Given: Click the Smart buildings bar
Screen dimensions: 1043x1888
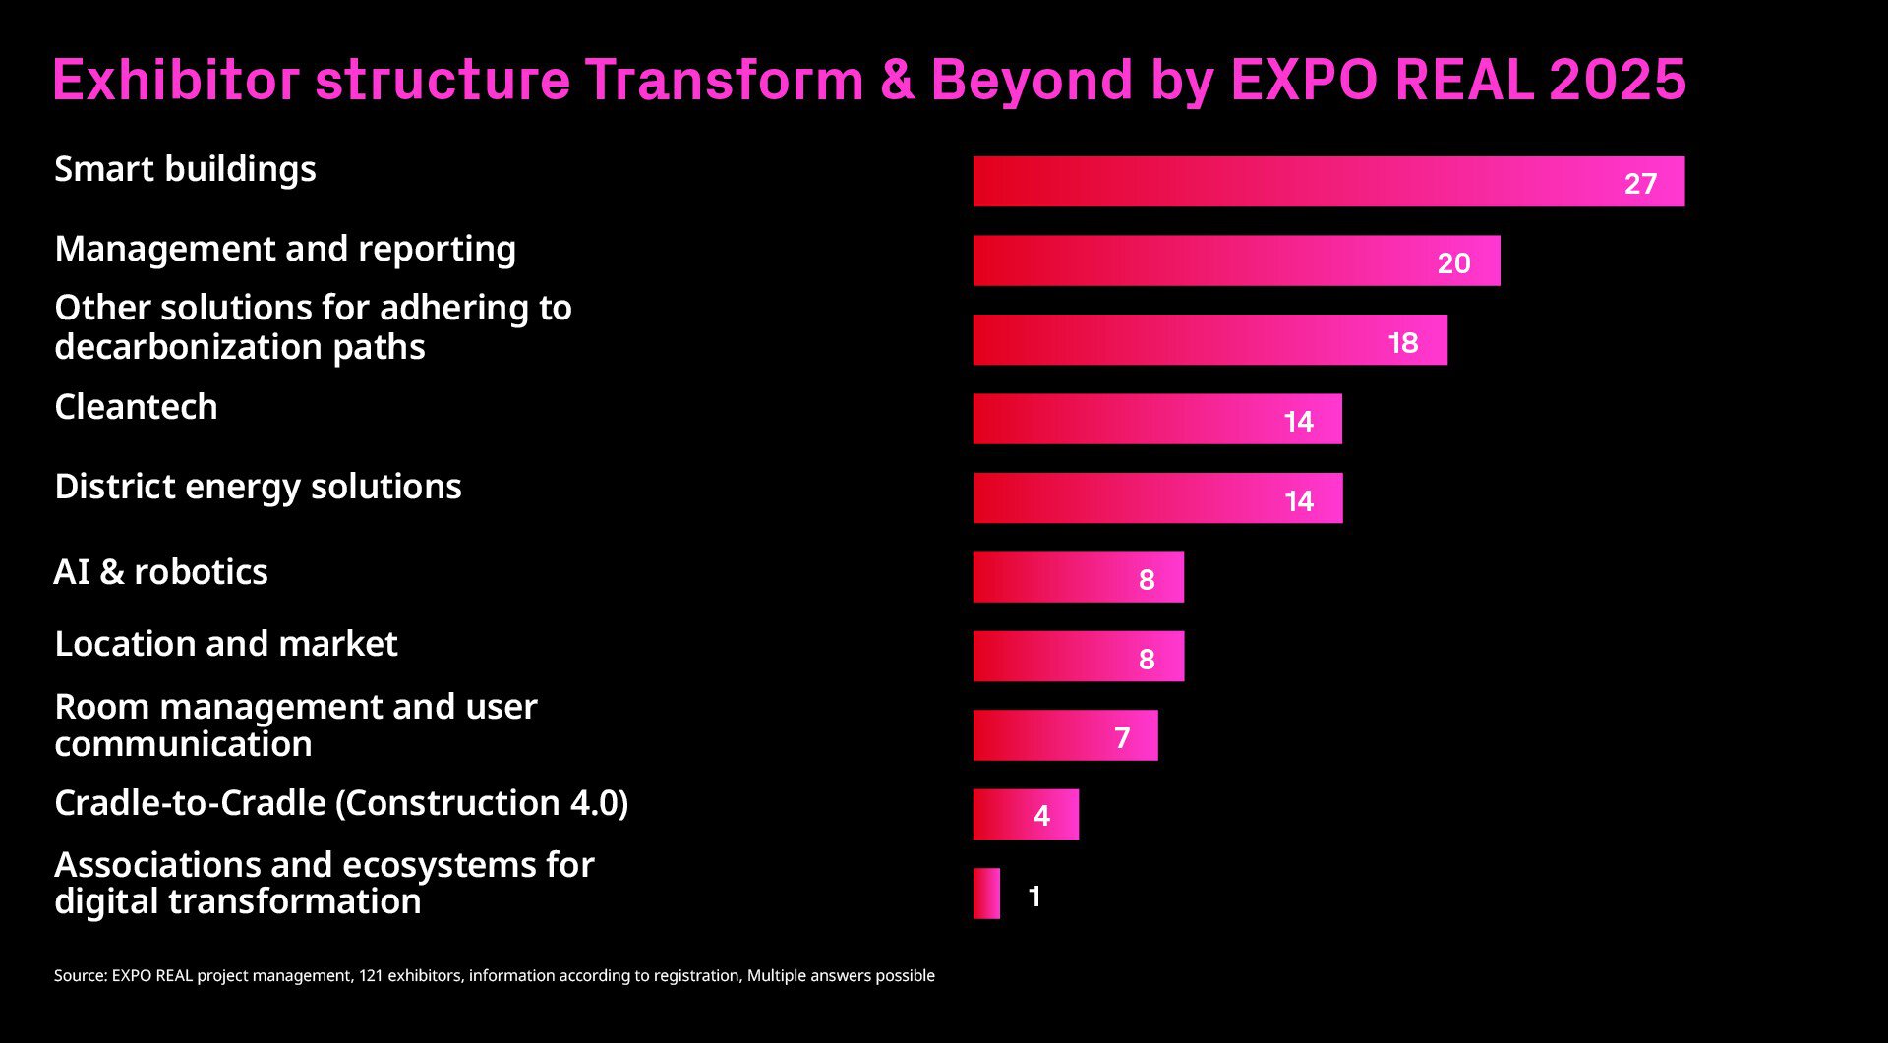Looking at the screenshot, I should (1327, 182).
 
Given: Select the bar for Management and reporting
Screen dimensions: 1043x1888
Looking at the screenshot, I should (1236, 261).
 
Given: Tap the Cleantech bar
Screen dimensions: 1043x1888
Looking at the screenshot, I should (1157, 419).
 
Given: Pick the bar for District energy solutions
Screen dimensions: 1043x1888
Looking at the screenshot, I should (1157, 498).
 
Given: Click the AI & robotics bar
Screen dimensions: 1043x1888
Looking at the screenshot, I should (1078, 577).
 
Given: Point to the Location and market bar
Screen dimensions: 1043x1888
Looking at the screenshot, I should (1078, 656).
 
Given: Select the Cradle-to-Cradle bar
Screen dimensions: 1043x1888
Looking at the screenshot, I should (1026, 814).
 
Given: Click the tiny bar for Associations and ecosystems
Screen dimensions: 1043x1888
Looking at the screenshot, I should (986, 894).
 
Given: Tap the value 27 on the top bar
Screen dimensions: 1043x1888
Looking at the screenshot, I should (1640, 184).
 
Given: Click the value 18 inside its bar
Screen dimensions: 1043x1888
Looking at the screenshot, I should (1403, 343).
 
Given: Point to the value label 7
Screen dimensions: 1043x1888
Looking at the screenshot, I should (1122, 738).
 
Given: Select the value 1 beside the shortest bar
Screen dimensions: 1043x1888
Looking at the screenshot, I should (1034, 897).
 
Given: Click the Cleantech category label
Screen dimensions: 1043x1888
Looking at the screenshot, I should (136, 407).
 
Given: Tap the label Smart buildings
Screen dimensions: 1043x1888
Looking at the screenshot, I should (185, 169).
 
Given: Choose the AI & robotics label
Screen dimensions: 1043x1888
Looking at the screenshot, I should (160, 572).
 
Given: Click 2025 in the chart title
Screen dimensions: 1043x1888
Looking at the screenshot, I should (1618, 80).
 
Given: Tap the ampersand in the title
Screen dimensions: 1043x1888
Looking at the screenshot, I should (897, 80).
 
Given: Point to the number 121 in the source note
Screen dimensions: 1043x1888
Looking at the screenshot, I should (371, 975).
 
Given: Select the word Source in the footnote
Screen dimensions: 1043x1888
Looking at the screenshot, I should (79, 975).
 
